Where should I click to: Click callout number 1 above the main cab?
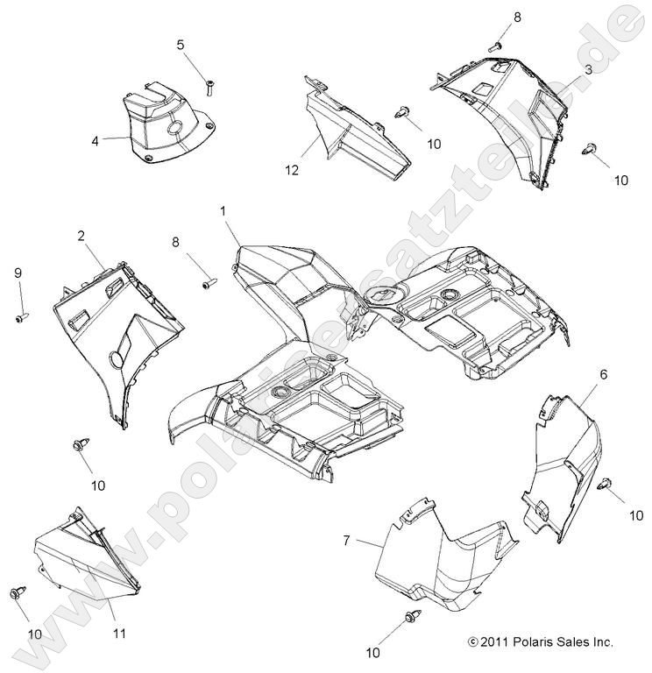223,211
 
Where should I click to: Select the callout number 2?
81,236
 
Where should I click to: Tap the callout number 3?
588,69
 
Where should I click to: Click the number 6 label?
579,374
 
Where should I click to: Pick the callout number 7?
346,541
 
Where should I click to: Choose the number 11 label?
119,633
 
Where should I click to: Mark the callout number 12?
293,170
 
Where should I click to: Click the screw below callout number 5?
210,86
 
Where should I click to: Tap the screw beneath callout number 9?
18,317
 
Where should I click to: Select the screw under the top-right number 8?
496,45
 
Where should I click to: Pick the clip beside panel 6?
605,485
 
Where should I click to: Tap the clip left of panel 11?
17,594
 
